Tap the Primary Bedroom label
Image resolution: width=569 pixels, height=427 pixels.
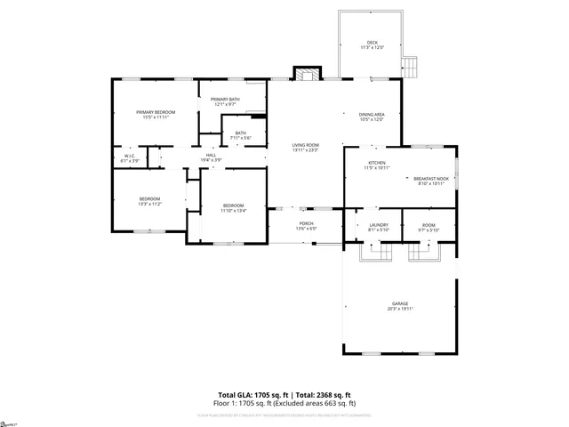click(x=156, y=114)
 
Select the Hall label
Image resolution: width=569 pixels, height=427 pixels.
click(x=211, y=157)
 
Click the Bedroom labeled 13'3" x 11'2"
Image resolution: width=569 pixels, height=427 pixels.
click(x=149, y=200)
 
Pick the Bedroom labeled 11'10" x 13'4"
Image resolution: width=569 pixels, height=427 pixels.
click(x=232, y=208)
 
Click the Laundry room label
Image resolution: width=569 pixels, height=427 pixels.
click(x=379, y=226)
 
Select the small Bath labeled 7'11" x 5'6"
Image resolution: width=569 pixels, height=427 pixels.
click(x=241, y=135)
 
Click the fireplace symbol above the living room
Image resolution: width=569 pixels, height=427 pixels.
click(x=306, y=75)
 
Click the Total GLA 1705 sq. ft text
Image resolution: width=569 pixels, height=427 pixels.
click(x=252, y=394)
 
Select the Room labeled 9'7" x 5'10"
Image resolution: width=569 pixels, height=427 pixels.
click(x=429, y=226)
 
